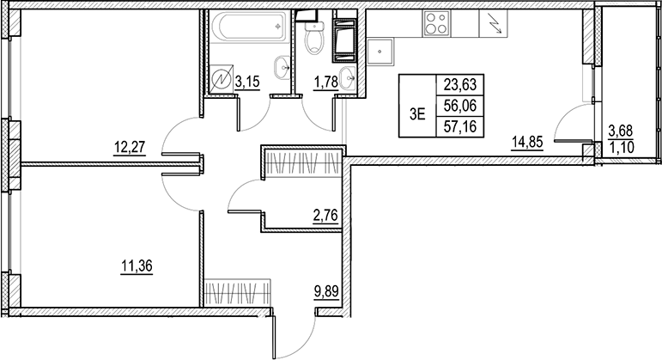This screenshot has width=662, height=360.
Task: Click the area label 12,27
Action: coord(130,145)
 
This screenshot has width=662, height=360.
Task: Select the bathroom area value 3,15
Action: coord(247,82)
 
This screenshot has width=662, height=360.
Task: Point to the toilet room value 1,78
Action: coord(323,82)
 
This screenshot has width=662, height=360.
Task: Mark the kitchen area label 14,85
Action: coord(529,144)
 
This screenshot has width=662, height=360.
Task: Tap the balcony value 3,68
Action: coord(621,131)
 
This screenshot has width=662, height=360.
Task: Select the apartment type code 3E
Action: coord(418,110)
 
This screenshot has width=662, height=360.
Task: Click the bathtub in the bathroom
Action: coord(250,27)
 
